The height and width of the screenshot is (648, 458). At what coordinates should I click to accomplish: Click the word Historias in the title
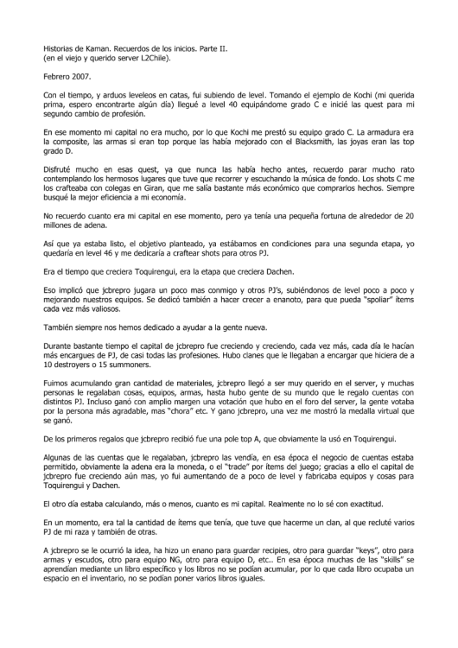[x=60, y=49]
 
